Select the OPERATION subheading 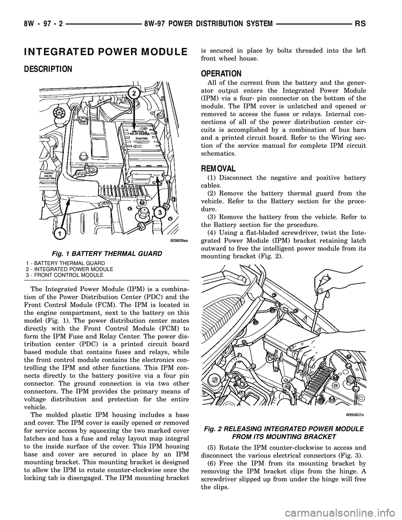tap(222, 73)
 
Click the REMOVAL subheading tap(218, 169)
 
